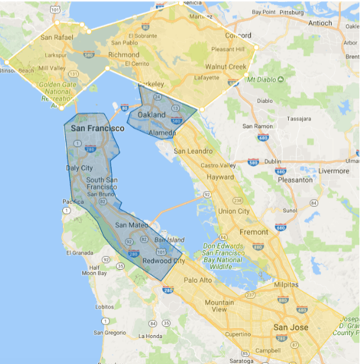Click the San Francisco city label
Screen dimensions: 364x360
click(x=97, y=128)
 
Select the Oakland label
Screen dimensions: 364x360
click(x=151, y=115)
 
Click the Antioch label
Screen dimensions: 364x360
click(x=320, y=23)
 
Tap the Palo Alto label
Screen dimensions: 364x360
click(x=198, y=280)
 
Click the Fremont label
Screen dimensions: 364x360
click(x=254, y=232)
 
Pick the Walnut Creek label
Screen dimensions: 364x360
click(x=226, y=67)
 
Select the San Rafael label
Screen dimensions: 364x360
click(x=57, y=37)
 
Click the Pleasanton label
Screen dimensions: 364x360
click(x=295, y=180)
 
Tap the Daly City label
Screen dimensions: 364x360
click(x=79, y=168)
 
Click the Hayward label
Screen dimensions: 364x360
click(x=220, y=177)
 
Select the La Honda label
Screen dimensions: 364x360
click(x=149, y=336)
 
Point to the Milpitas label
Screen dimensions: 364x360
click(x=286, y=284)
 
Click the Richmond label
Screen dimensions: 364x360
click(x=124, y=55)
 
